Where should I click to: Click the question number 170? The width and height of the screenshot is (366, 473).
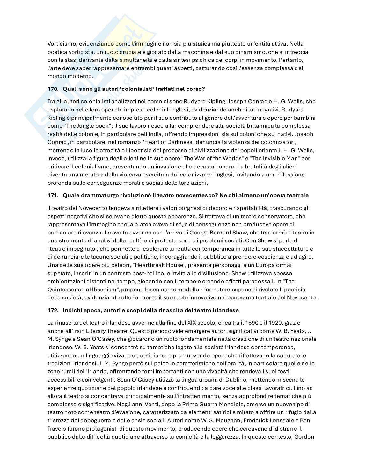click(53, 89)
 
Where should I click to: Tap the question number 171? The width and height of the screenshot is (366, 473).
click(53, 195)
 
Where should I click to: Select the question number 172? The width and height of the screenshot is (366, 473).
click(53, 310)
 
